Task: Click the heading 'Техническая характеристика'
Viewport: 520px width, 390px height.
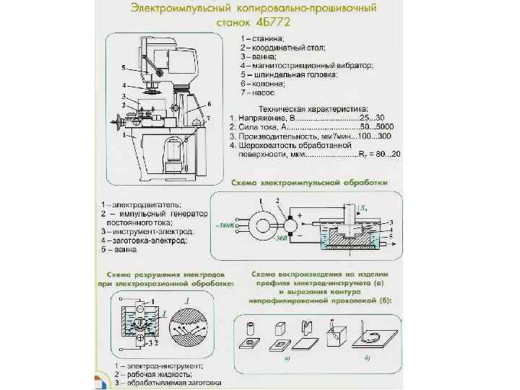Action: [302, 108]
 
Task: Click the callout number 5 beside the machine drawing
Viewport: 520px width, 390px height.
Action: [123, 67]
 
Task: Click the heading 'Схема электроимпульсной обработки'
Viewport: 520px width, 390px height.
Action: [310, 183]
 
